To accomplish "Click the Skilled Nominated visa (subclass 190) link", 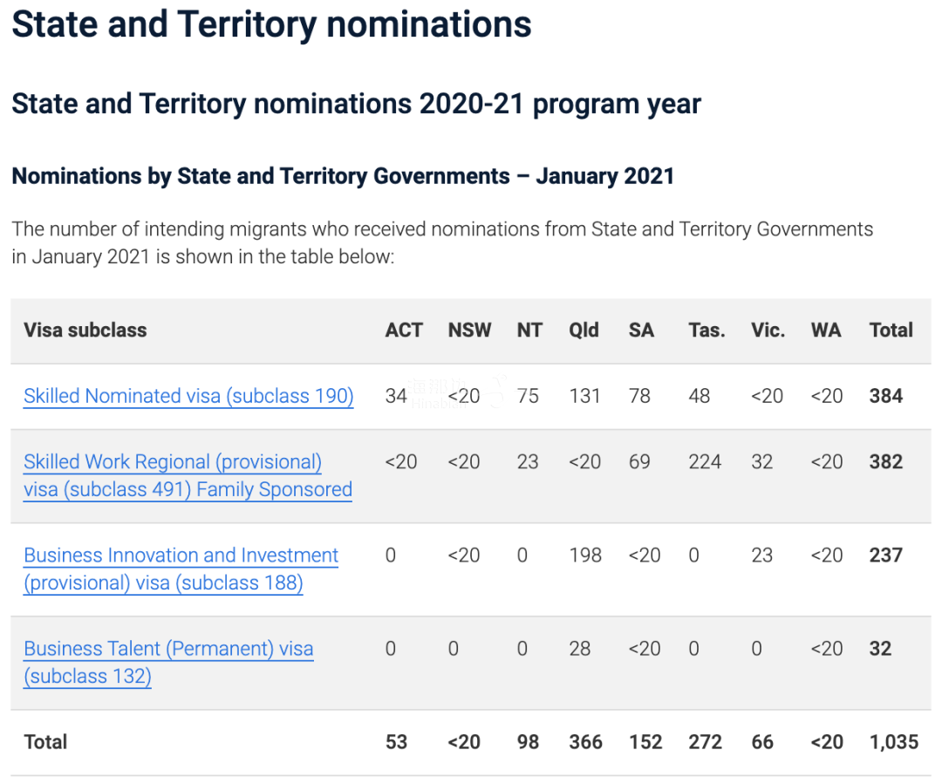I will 188,396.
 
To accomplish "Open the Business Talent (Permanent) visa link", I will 168,649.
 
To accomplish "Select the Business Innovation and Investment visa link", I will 181,556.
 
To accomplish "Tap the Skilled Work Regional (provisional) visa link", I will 173,462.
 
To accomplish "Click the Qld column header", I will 584,331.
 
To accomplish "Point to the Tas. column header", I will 706,331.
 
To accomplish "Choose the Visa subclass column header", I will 85,331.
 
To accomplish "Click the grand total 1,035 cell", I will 893,742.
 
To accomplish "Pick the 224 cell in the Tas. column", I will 704,462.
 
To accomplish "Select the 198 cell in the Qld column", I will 584,556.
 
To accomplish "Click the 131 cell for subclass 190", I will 584,396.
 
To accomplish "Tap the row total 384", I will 885,396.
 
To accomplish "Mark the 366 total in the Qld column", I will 585,742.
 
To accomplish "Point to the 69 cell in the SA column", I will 639,462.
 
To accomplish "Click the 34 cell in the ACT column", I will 396,396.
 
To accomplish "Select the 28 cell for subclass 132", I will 579,649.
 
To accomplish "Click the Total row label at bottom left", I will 45,742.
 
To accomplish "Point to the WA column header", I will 826,331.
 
